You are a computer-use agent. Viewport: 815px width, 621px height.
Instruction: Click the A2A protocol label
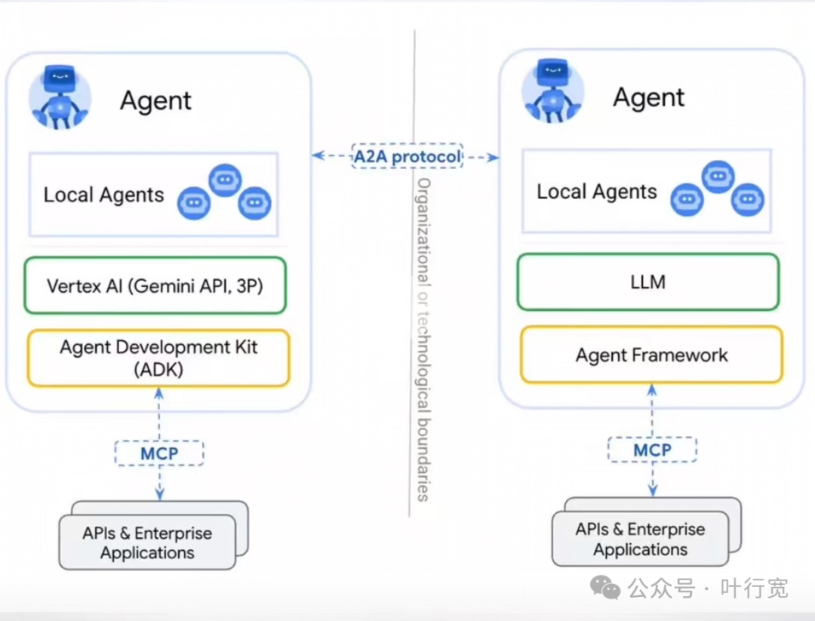[407, 156]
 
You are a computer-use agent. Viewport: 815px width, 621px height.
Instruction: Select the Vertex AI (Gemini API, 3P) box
[155, 285]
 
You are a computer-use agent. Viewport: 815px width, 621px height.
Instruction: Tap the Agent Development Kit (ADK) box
[158, 358]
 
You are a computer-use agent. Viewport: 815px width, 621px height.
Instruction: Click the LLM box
[648, 281]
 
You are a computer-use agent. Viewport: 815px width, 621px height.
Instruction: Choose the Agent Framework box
[652, 355]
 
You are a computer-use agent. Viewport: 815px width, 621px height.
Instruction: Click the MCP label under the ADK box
[159, 453]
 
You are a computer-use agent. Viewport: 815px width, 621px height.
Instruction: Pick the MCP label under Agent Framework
[652, 450]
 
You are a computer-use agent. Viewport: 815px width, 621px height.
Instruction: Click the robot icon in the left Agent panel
[60, 97]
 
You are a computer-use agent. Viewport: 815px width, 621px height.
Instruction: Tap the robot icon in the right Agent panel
[553, 91]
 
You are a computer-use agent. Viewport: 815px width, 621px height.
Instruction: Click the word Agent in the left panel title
[155, 100]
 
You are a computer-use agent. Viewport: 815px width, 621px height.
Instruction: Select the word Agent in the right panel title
[649, 97]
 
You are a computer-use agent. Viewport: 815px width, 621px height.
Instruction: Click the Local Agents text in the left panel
[103, 195]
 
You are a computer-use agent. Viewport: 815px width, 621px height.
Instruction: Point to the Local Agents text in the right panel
[597, 192]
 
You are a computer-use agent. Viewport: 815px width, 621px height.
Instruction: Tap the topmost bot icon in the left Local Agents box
[225, 180]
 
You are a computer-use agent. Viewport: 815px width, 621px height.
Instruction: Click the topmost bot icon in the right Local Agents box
[718, 177]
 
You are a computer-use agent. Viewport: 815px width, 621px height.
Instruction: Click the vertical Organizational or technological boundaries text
[424, 340]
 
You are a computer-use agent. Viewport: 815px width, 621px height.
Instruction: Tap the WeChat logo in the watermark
[605, 587]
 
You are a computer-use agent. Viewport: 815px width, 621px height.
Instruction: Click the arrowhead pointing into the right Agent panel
[494, 157]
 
